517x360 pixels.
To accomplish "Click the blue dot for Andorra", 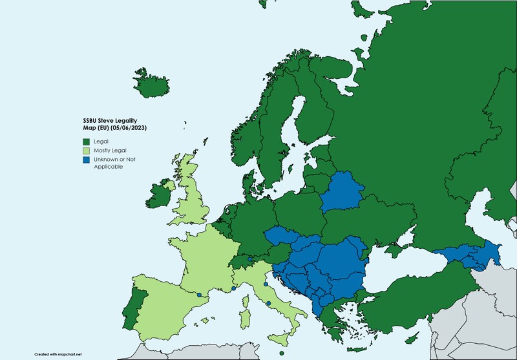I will tap(199, 295).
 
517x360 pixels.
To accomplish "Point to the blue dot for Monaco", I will tap(233, 289).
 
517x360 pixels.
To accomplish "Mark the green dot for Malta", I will tap(282, 353).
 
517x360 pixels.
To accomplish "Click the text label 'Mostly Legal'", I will tap(108, 150).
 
